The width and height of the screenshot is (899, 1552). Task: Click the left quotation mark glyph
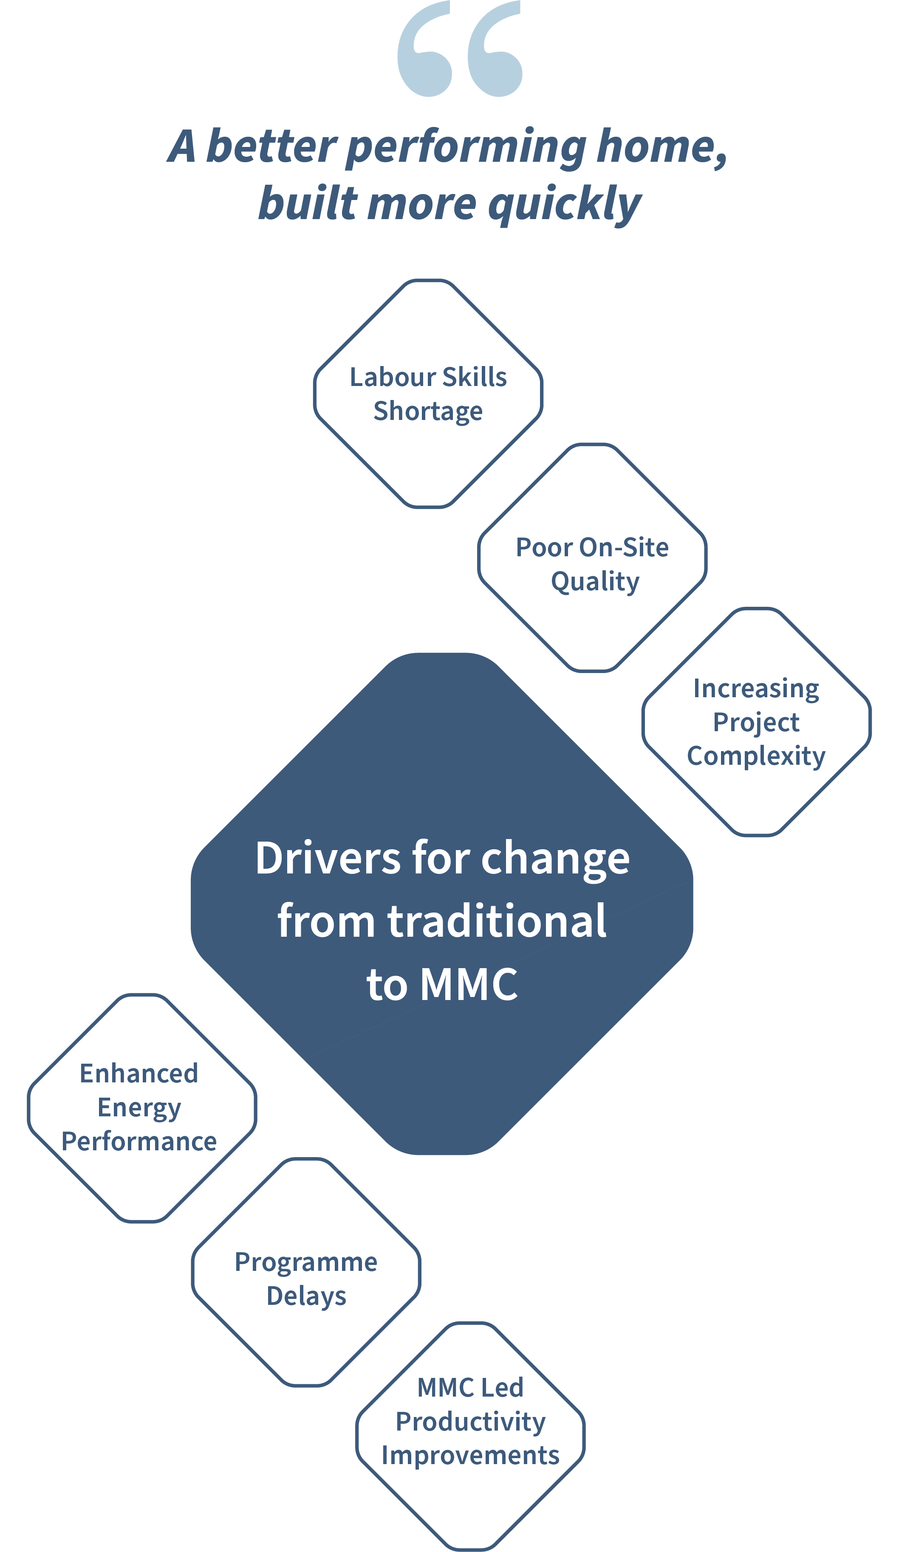pyautogui.click(x=424, y=49)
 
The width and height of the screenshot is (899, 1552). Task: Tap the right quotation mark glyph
pyautogui.click(x=495, y=49)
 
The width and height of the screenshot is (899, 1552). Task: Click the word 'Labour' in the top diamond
pyautogui.click(x=393, y=377)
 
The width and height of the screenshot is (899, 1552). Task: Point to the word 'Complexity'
pyautogui.click(x=756, y=756)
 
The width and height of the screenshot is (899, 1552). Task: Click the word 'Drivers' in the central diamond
pyautogui.click(x=328, y=858)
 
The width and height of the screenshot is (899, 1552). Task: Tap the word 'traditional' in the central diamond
pyautogui.click(x=497, y=921)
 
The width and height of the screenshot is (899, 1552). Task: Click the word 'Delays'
pyautogui.click(x=306, y=1296)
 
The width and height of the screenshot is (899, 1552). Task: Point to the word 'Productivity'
pyautogui.click(x=470, y=1422)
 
